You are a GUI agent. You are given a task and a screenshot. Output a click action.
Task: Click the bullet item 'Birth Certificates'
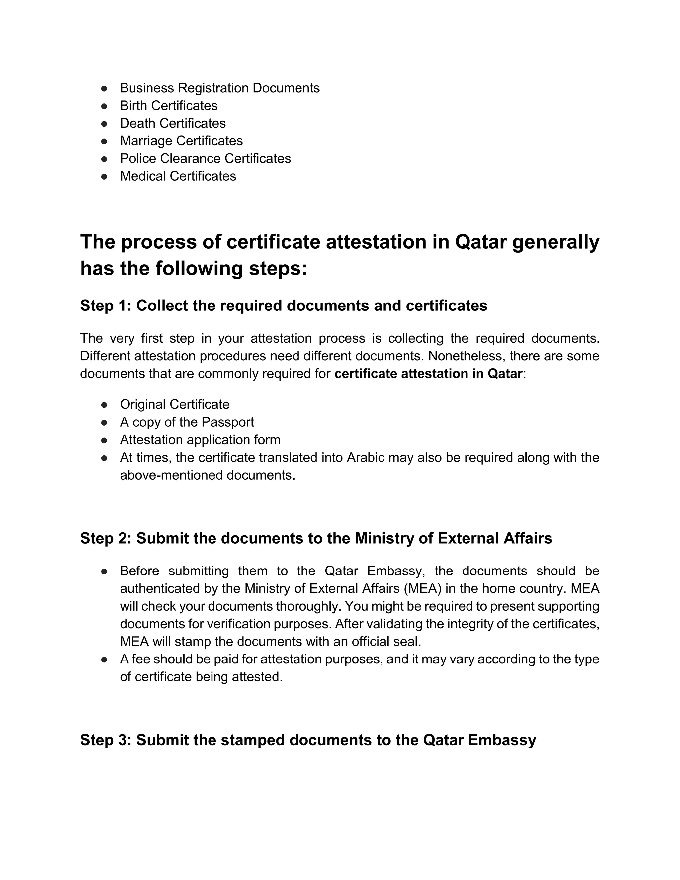click(168, 106)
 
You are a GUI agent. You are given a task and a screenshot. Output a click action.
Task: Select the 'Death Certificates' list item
click(172, 123)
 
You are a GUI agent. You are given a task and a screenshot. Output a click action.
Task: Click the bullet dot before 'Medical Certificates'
click(104, 176)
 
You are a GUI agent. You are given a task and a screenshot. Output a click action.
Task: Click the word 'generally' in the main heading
click(555, 242)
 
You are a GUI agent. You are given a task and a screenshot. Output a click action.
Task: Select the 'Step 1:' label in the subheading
click(106, 306)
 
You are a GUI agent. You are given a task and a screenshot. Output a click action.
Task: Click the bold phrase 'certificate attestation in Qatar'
click(428, 374)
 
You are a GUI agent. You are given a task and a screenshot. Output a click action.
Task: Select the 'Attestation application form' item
click(200, 440)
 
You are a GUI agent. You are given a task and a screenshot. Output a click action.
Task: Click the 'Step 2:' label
click(106, 539)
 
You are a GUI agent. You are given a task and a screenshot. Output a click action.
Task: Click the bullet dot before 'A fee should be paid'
click(104, 660)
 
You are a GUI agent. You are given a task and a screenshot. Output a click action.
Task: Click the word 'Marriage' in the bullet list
click(146, 141)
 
